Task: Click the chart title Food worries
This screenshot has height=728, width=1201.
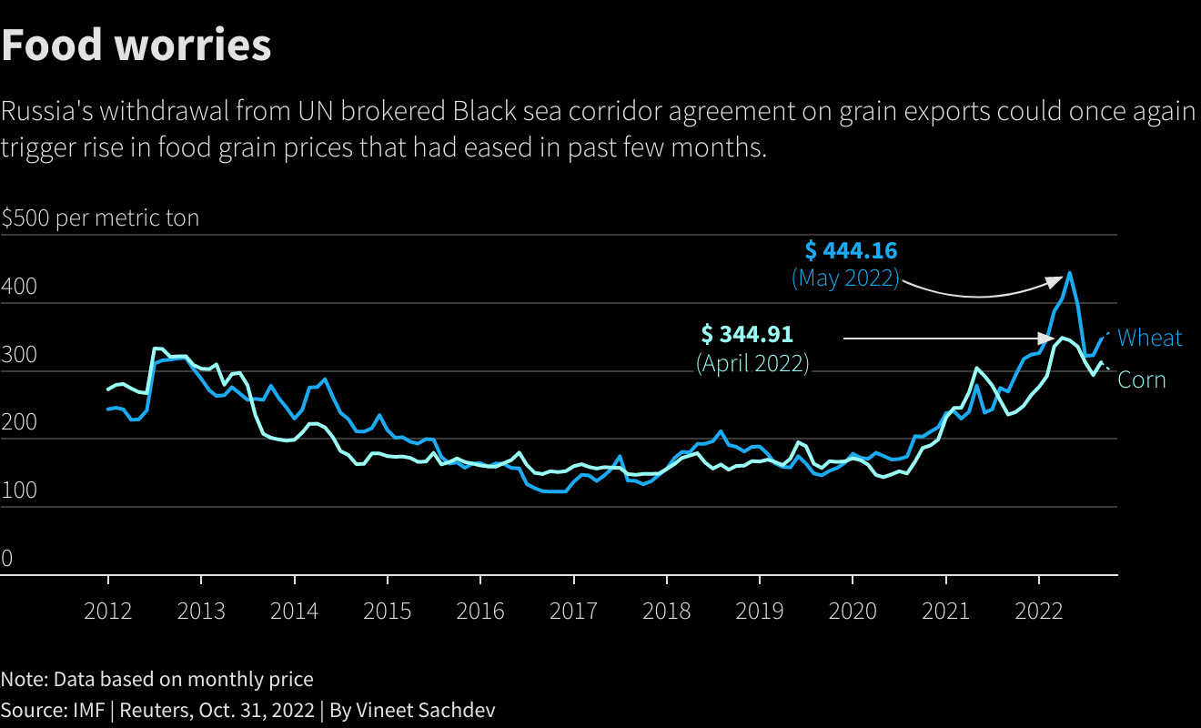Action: tap(136, 45)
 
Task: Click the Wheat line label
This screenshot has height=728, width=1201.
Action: tap(1149, 338)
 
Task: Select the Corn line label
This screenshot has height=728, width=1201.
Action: tap(1141, 379)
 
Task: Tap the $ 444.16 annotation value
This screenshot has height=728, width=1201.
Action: tap(852, 249)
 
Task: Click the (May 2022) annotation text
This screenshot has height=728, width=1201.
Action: tap(845, 278)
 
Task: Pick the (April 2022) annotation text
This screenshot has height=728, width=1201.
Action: tap(752, 363)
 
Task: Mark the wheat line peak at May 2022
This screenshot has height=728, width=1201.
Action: tap(1069, 272)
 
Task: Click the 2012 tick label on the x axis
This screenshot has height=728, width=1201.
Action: tap(108, 611)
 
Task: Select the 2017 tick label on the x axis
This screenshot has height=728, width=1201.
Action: tap(573, 611)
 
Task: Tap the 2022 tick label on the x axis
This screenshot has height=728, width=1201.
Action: tap(1038, 611)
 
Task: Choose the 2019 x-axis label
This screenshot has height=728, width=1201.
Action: tap(759, 611)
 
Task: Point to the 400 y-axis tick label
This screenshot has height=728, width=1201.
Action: tap(19, 288)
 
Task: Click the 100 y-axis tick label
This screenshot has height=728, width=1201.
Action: tap(19, 491)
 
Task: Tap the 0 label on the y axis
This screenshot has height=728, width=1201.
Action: tap(7, 559)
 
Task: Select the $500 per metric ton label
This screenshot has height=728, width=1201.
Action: tap(100, 218)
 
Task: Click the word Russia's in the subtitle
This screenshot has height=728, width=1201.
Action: tap(45, 112)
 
